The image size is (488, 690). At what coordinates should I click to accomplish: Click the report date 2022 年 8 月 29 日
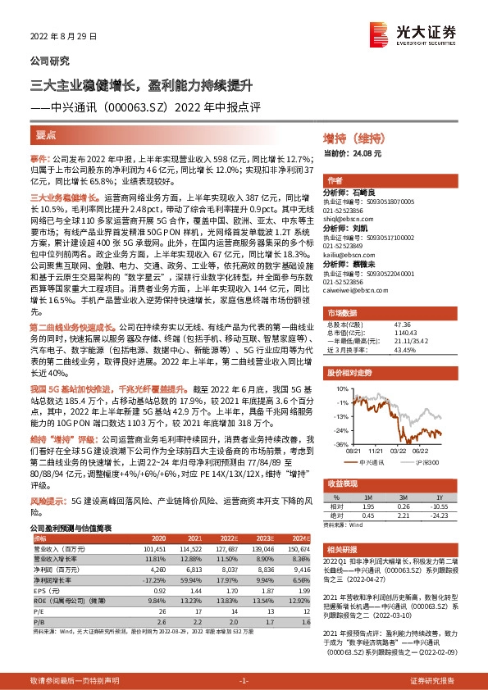pos(63,37)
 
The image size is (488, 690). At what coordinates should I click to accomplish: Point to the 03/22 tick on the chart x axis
pos(396,450)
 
